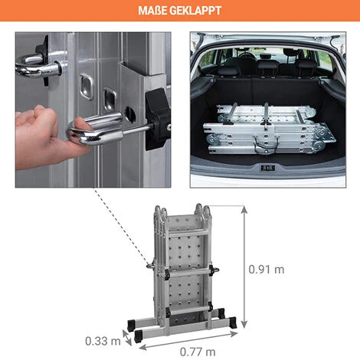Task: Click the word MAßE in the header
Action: click(x=152, y=11)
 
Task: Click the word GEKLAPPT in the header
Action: click(x=195, y=11)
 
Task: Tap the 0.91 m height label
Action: click(x=267, y=270)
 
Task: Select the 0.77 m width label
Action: click(x=198, y=352)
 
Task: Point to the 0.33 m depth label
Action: click(x=103, y=341)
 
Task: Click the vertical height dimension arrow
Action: click(x=244, y=267)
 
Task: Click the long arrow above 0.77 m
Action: click(x=188, y=341)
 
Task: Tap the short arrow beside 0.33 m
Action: click(x=127, y=338)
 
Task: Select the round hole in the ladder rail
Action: click(x=130, y=114)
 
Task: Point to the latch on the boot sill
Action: click(x=267, y=168)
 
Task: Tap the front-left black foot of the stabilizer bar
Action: click(x=138, y=335)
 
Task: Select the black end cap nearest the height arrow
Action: click(x=233, y=322)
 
